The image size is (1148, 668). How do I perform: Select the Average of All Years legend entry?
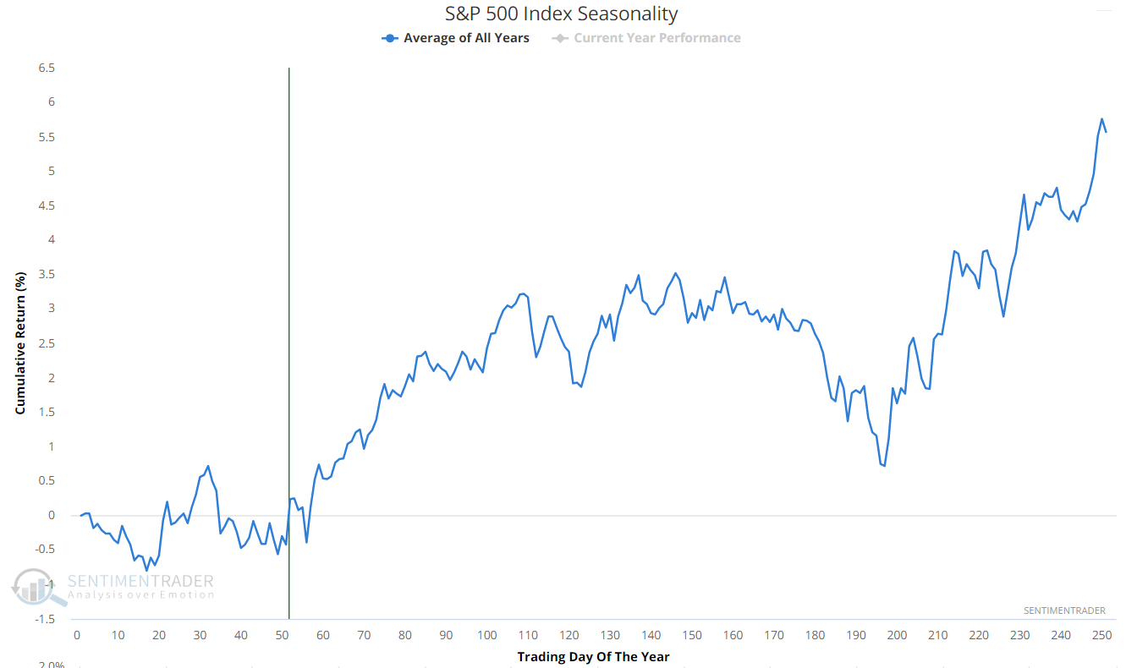tap(457, 38)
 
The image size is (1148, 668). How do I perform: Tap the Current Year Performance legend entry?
tap(647, 38)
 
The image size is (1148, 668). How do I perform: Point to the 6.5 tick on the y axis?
tap(47, 68)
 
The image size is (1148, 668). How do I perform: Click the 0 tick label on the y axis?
tap(52, 515)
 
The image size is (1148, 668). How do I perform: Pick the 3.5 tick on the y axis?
tap(47, 274)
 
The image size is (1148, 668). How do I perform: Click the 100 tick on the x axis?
tap(486, 636)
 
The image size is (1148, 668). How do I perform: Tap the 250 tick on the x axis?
tap(1102, 636)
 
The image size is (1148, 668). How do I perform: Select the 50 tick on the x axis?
tap(282, 636)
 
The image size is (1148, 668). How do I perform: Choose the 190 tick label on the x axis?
tap(856, 636)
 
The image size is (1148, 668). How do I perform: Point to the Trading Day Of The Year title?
tap(593, 657)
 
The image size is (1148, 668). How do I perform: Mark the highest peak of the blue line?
tap(1101, 119)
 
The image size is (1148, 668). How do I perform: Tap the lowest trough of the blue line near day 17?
tap(146, 570)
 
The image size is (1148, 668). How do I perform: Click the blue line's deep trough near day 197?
tap(884, 465)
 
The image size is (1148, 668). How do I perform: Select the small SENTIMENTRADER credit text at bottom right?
tap(1064, 611)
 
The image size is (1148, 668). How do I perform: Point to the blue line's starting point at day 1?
tap(81, 515)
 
